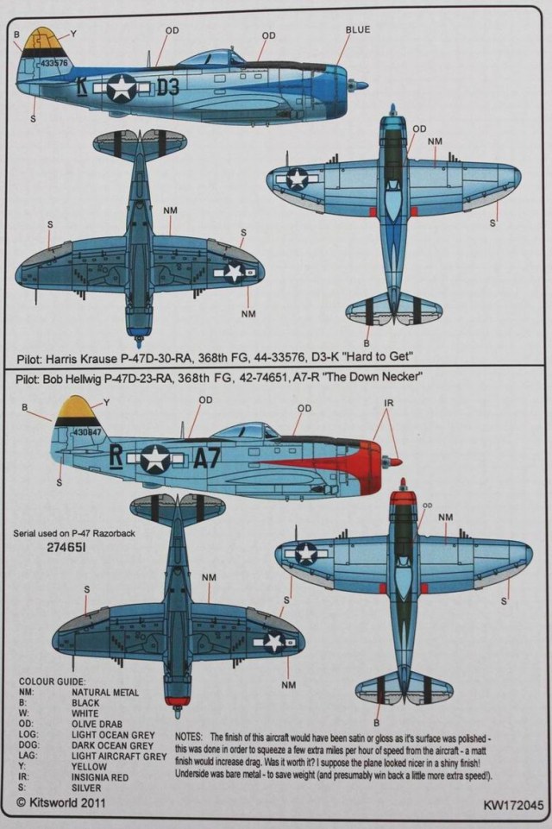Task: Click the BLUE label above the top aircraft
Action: tap(357, 30)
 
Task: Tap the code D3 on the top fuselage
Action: tap(168, 86)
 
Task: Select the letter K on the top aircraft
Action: tap(81, 87)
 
